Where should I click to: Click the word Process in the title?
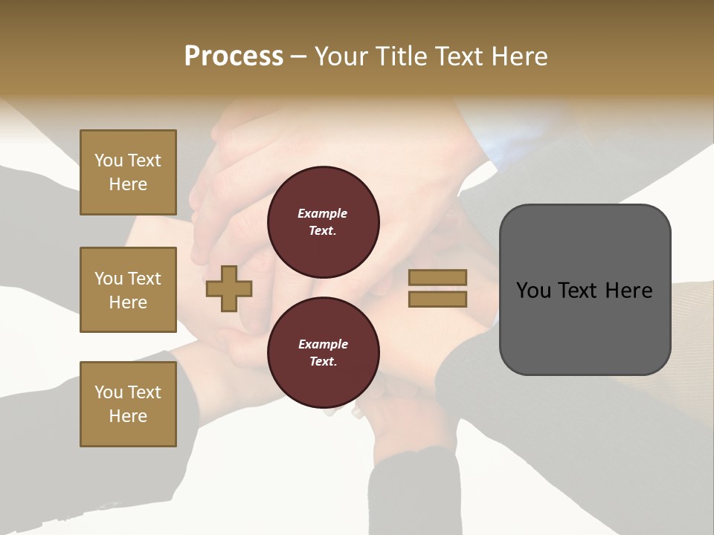click(234, 56)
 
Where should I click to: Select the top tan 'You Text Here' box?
click(128, 172)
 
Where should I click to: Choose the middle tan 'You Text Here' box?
click(128, 290)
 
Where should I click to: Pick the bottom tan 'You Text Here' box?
click(128, 404)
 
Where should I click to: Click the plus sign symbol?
click(229, 288)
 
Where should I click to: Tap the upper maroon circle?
click(323, 221)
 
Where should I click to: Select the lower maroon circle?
click(323, 352)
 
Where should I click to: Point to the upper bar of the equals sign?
click(437, 277)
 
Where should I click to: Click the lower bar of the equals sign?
click(437, 299)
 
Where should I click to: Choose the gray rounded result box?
click(585, 290)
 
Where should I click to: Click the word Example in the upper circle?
click(323, 213)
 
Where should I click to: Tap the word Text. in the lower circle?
click(323, 361)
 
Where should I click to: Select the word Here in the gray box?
click(628, 290)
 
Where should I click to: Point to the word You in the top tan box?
click(109, 160)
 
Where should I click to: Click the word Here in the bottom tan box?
click(128, 416)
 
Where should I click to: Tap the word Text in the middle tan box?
click(144, 279)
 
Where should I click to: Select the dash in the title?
click(298, 56)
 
